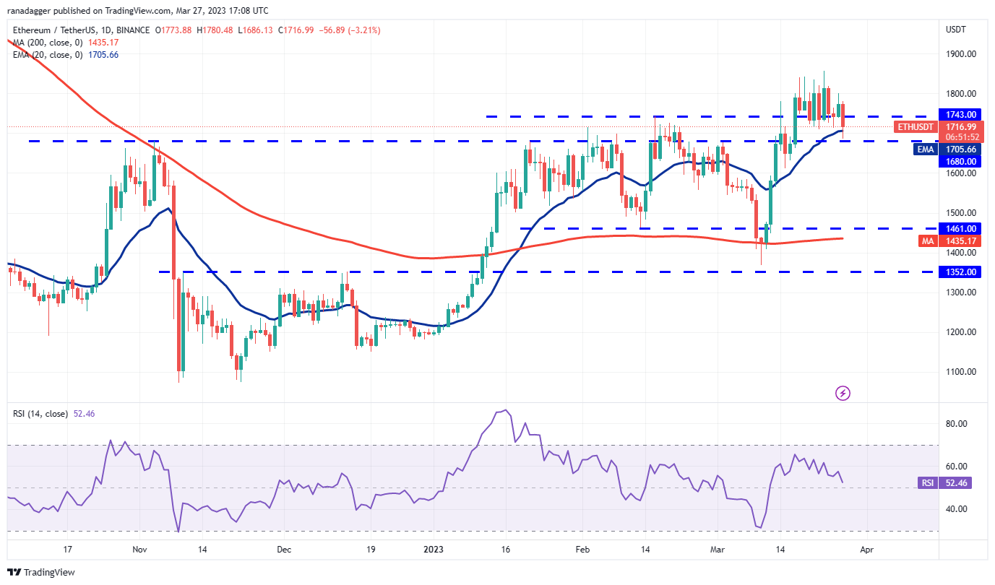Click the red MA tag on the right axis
pos(929,240)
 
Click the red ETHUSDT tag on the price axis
pos(915,127)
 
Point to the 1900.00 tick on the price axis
pos(961,54)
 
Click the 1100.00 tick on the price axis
pos(961,372)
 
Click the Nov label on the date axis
pos(140,550)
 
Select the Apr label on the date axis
pos(867,550)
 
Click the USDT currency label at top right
pos(956,30)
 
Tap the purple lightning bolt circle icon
pos(843,394)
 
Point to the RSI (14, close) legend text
pos(40,414)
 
